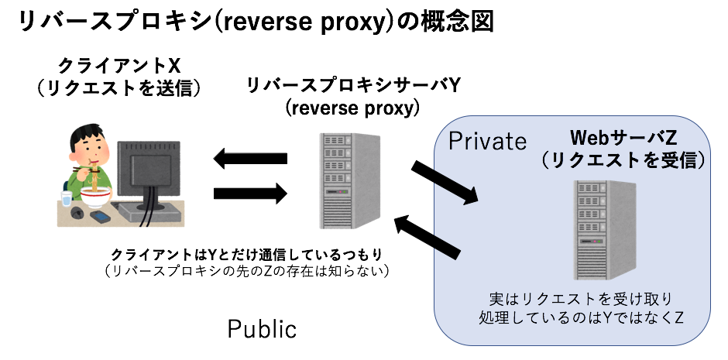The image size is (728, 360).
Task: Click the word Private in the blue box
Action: (487, 142)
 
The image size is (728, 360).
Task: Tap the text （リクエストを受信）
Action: (623, 160)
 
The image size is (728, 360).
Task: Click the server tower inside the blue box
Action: (604, 230)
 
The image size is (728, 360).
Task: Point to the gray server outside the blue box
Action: (349, 180)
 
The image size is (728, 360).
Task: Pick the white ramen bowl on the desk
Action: (96, 197)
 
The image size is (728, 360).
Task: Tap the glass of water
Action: (66, 199)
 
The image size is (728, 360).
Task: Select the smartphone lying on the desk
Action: (100, 216)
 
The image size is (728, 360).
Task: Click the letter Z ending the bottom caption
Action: (678, 318)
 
